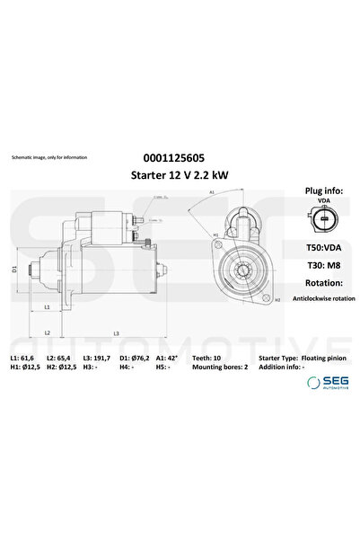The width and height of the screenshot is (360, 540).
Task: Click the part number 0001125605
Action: pyautogui.click(x=180, y=158)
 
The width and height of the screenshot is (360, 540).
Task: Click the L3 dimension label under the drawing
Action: pyautogui.click(x=117, y=334)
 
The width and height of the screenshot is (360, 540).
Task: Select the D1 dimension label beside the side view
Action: pyautogui.click(x=15, y=269)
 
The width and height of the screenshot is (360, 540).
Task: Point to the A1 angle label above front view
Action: pyautogui.click(x=212, y=191)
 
